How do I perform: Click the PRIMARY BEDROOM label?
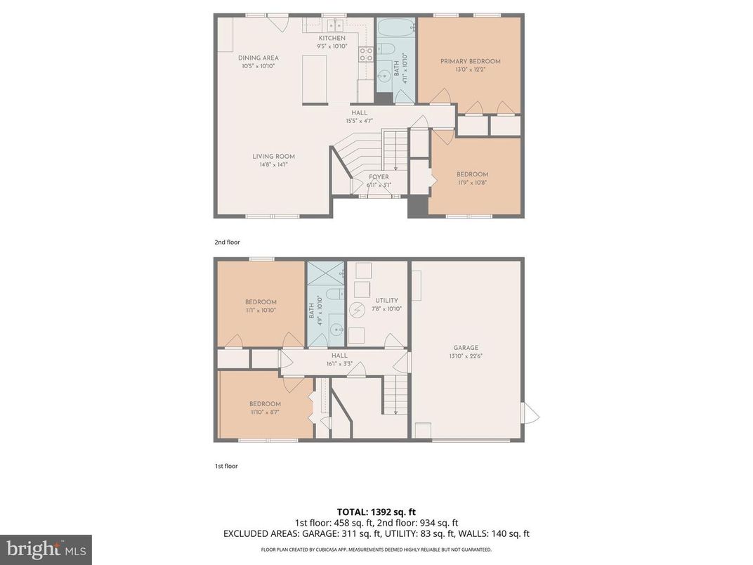[471, 62]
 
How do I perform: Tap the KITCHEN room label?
[332, 38]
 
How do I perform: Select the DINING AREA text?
[258, 58]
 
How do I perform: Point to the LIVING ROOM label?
[274, 157]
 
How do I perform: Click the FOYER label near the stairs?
[379, 177]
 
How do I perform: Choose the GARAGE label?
[466, 348]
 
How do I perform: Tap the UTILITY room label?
[386, 301]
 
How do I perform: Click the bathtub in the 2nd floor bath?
[395, 29]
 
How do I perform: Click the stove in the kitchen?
[366, 54]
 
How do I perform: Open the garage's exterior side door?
[530, 413]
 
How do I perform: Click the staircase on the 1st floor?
[395, 394]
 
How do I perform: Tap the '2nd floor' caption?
[227, 242]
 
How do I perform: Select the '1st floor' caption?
[226, 466]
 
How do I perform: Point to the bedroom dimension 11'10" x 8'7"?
[265, 412]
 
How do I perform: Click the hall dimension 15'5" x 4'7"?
[359, 121]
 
